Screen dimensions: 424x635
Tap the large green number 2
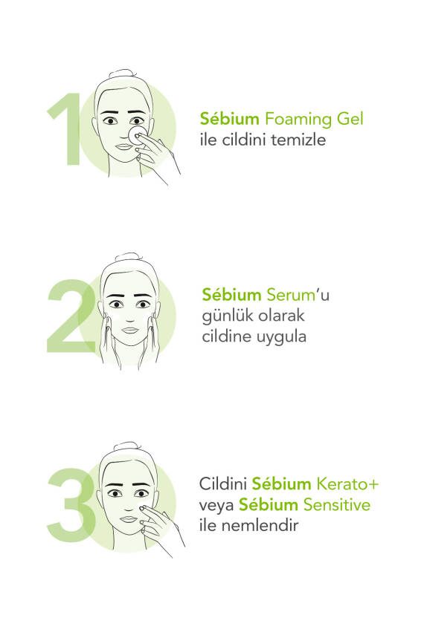71,316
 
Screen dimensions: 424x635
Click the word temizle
298,140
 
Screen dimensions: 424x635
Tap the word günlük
226,316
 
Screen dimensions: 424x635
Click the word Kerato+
347,484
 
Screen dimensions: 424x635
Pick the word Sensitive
337,505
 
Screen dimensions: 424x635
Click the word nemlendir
260,526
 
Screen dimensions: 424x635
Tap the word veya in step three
216,507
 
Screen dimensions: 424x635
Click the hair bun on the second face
128,258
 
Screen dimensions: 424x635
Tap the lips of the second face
130,330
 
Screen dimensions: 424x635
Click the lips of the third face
129,519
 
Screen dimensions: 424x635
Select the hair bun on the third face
127,446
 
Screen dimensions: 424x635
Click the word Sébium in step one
230,119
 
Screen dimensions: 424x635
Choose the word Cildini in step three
223,484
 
